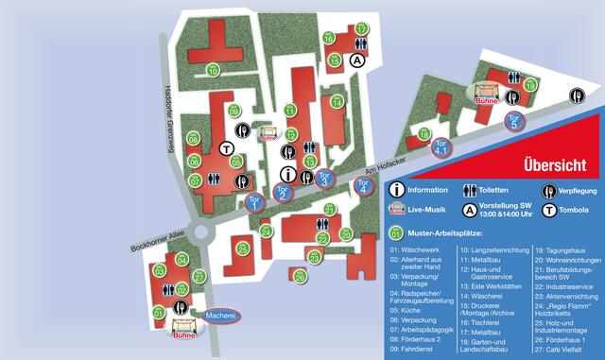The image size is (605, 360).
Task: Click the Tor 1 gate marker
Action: click(x=253, y=199)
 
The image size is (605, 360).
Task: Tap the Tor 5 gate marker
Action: click(x=514, y=120)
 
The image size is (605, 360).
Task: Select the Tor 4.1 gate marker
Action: click(x=440, y=148)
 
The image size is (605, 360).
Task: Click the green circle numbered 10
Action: click(x=214, y=71)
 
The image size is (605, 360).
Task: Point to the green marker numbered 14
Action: click(x=337, y=102)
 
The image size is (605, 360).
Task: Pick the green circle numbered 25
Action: click(x=243, y=249)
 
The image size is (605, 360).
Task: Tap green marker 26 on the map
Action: click(x=300, y=276)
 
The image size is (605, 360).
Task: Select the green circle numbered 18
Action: click(x=423, y=135)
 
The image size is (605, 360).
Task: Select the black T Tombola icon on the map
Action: click(x=227, y=147)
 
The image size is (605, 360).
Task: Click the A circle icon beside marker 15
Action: click(x=357, y=60)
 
